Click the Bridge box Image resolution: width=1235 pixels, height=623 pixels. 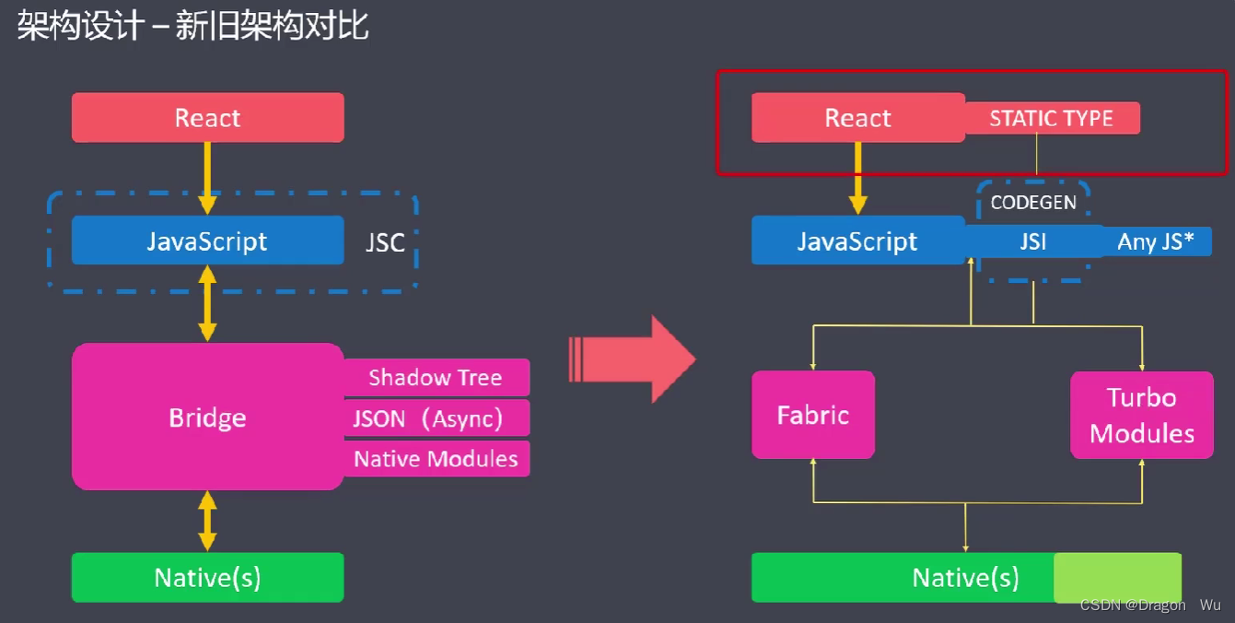[x=207, y=417]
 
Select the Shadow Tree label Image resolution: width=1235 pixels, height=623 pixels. [x=436, y=378]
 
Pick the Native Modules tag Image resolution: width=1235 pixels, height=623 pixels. [x=436, y=459]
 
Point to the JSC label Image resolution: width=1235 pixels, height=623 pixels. [x=385, y=242]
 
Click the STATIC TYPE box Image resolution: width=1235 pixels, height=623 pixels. [x=1051, y=118]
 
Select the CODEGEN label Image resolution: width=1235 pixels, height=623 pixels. [x=1032, y=203]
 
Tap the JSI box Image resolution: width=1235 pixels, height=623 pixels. [x=1032, y=241]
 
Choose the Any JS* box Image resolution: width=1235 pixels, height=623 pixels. [x=1156, y=241]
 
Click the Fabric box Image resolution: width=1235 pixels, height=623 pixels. [x=812, y=415]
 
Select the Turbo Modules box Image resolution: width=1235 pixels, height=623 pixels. [x=1141, y=416]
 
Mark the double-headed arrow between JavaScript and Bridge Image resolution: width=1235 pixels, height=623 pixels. [x=208, y=303]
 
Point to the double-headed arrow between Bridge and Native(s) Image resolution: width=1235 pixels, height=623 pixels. [x=208, y=521]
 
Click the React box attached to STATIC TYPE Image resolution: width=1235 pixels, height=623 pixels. [x=857, y=118]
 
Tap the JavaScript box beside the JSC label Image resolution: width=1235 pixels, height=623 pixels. [x=207, y=241]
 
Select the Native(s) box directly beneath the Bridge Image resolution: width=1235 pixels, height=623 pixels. [x=207, y=578]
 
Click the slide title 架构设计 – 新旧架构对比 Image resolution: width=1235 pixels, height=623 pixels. [x=193, y=26]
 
